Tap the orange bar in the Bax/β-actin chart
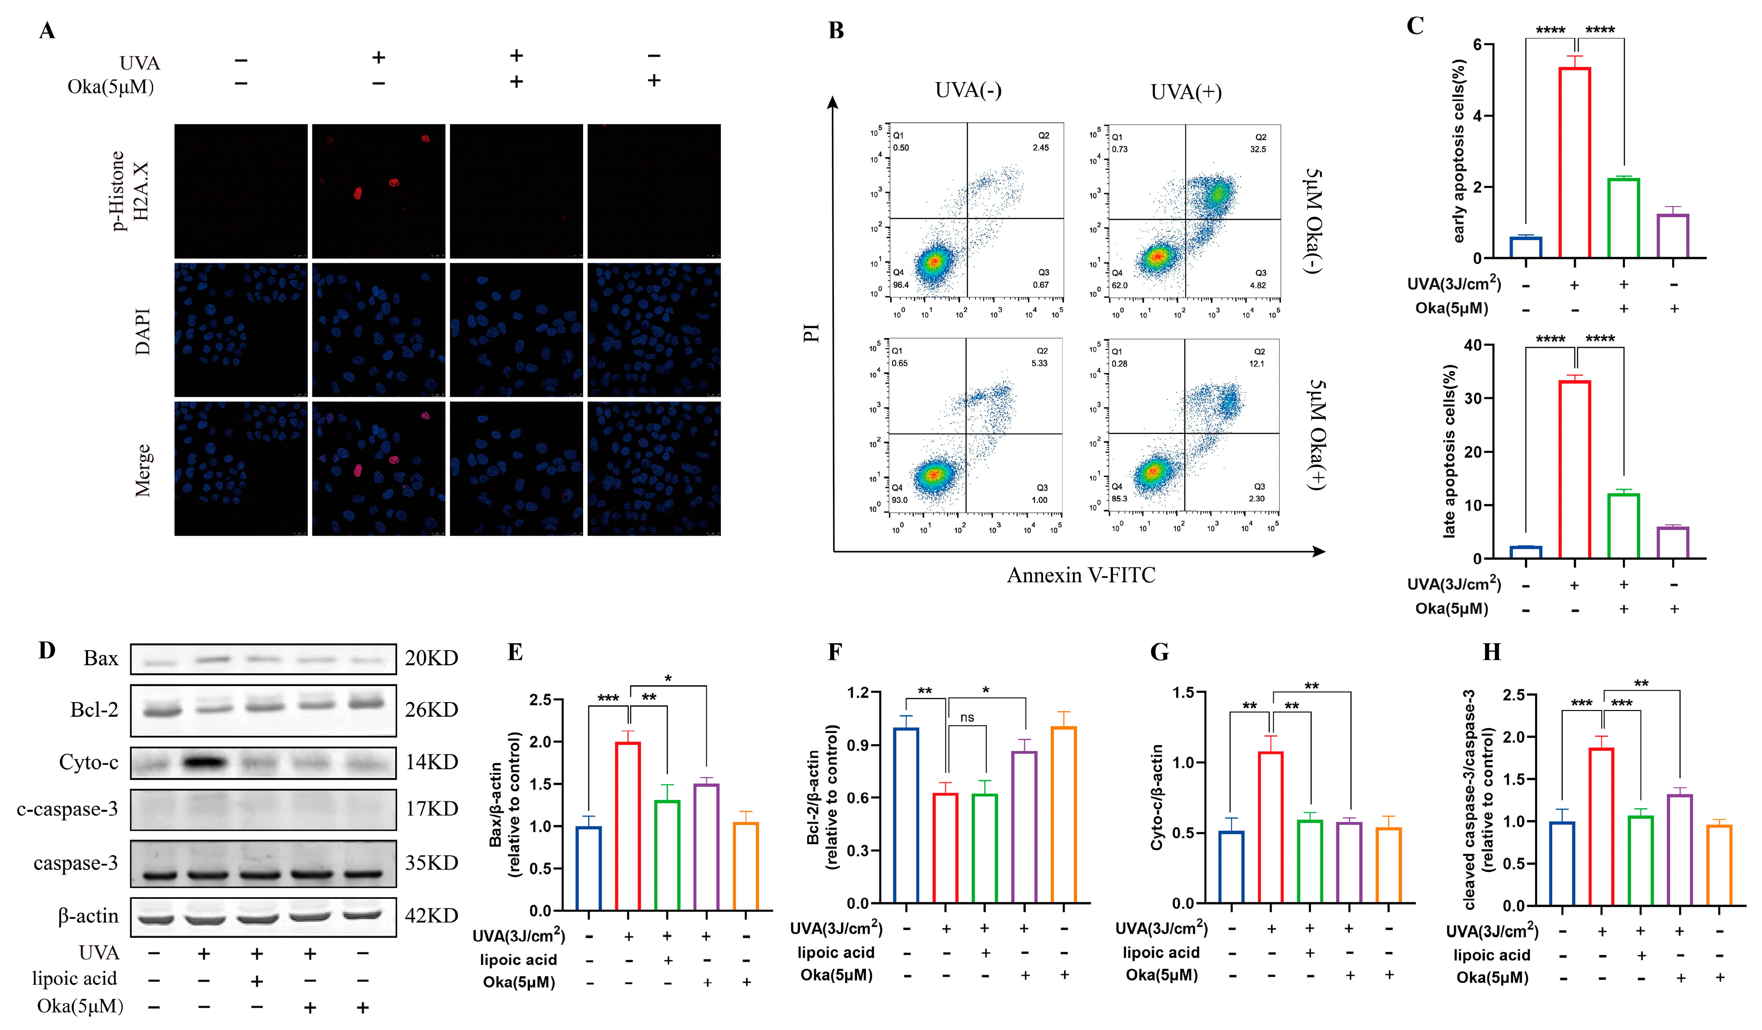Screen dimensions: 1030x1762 click(x=746, y=866)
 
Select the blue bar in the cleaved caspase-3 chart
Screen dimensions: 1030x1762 click(x=1562, y=863)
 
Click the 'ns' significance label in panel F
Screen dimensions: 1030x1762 click(x=967, y=718)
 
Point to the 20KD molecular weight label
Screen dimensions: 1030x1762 click(x=432, y=658)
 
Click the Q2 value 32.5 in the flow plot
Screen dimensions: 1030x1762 click(x=1258, y=149)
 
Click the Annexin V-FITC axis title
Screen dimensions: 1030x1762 click(x=1081, y=575)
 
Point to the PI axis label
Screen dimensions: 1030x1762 click(x=811, y=332)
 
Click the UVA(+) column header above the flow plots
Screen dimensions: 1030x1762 click(x=1186, y=92)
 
